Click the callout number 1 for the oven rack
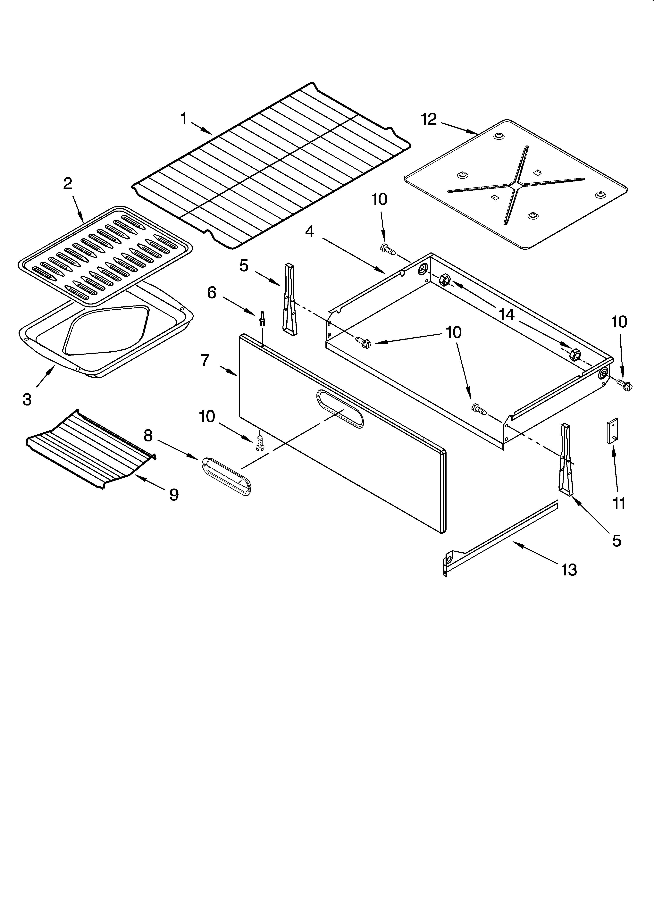tap(184, 119)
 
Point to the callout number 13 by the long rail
tap(569, 570)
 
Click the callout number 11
tap(619, 503)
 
